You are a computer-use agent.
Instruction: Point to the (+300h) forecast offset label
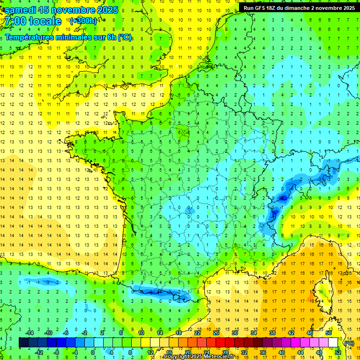(83, 21)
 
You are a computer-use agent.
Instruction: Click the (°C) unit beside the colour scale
(349, 343)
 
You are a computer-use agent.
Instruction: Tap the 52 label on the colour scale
(338, 352)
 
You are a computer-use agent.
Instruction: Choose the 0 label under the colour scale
(93, 352)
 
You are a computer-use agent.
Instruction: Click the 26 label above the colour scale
(216, 333)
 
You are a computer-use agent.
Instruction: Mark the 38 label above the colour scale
(272, 333)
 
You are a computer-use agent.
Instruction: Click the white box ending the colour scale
(333, 343)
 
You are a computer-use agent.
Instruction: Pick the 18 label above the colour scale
(178, 333)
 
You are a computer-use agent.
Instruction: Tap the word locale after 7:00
(45, 21)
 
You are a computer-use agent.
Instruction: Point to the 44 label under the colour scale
(300, 352)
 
